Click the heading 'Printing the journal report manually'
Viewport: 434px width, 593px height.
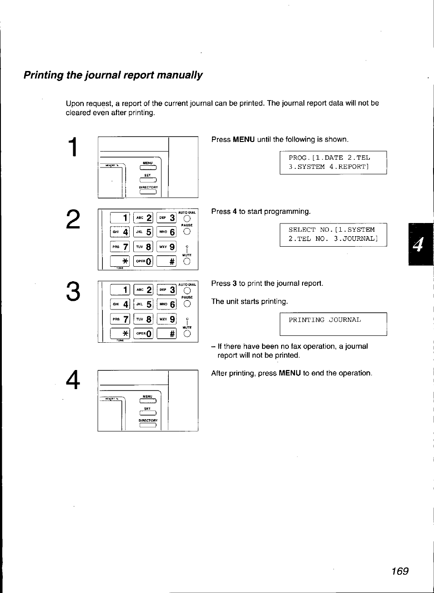[113, 75]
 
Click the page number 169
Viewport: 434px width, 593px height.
[399, 571]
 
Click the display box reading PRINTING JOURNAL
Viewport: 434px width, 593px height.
[333, 324]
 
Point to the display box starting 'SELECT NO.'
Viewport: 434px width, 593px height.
[333, 234]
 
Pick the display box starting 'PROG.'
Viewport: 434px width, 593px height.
[333, 162]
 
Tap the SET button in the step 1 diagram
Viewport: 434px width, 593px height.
[148, 180]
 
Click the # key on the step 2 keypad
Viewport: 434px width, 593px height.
[166, 261]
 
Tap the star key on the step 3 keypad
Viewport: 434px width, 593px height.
[120, 334]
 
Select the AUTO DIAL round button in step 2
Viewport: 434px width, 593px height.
[187, 218]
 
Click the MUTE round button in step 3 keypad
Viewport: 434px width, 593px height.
[187, 334]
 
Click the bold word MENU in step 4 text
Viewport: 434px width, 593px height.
[290, 373]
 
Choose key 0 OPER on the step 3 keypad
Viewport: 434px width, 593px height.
[143, 334]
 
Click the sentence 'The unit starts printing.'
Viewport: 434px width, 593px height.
[249, 302]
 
